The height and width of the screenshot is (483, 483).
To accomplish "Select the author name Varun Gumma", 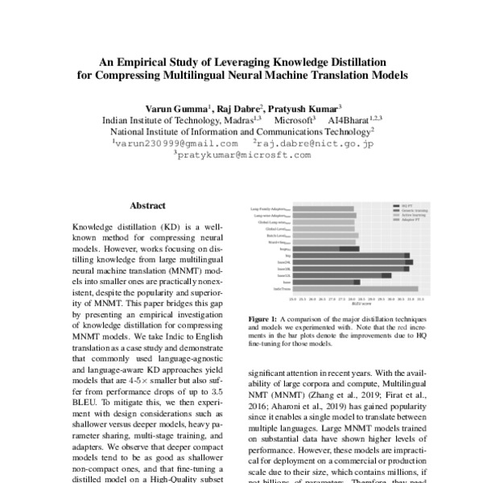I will click(175, 107).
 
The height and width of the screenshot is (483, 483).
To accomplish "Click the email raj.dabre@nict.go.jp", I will click(316, 144).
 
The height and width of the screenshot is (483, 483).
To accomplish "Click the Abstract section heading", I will click(147, 206).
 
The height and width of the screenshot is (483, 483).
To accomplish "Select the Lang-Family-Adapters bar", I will click(322, 209).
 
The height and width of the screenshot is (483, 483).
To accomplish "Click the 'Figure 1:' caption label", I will click(262, 320).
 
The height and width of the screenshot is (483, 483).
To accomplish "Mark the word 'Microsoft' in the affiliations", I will click(295, 120).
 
